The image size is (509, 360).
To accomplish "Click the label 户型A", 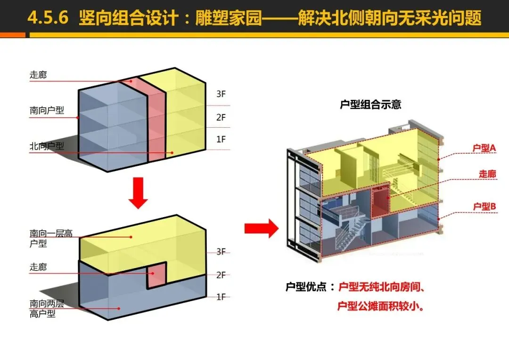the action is coord(484,148).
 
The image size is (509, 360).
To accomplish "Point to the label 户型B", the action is coord(484,206).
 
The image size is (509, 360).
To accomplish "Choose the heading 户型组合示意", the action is coord(370,105).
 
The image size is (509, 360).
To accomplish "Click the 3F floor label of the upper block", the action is coord(221,94).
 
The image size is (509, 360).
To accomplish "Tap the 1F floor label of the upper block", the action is coord(221,139).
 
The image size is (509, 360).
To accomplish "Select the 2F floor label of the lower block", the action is coord(221,275).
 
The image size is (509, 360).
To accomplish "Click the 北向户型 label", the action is coord(47,146).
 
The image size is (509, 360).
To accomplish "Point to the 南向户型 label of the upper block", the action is coord(47,111).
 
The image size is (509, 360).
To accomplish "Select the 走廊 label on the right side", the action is coord(487,174).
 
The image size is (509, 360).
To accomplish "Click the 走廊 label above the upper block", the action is coord(38,75).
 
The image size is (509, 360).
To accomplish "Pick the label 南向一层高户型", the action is coord(51,238).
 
